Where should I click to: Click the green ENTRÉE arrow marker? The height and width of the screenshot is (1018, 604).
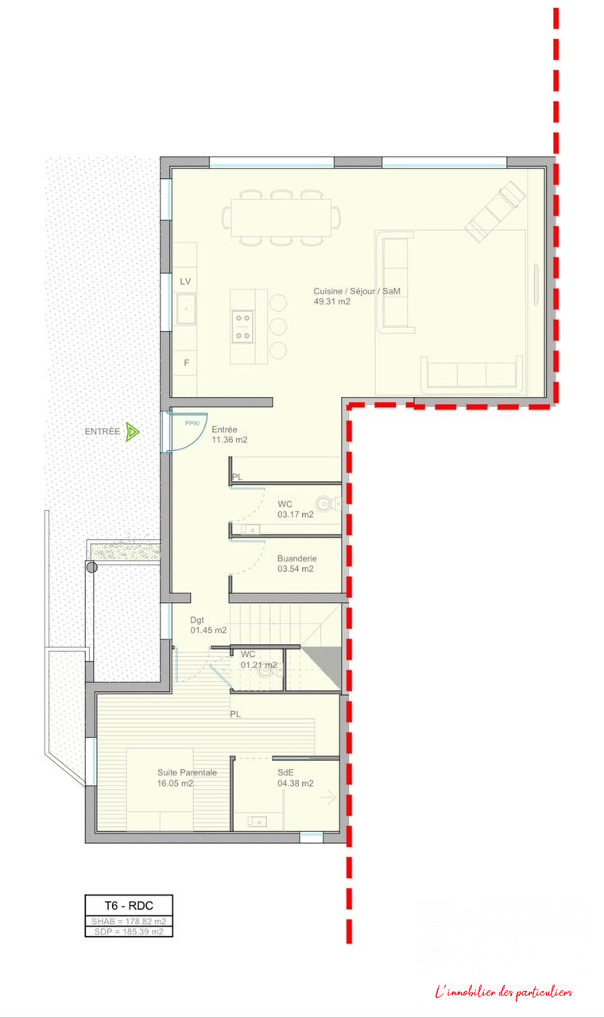(x=132, y=432)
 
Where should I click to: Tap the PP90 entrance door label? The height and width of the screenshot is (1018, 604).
(x=192, y=423)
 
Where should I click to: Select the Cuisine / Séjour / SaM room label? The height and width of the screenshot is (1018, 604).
(x=357, y=291)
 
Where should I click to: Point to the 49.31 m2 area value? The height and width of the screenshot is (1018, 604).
(x=332, y=301)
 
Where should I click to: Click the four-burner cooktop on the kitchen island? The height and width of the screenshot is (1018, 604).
(x=242, y=326)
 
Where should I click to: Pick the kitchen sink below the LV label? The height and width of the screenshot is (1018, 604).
(x=186, y=309)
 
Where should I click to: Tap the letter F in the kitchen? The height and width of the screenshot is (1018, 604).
(x=186, y=363)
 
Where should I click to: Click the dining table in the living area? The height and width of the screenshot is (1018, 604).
(x=281, y=217)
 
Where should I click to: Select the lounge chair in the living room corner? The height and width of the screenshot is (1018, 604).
(x=495, y=212)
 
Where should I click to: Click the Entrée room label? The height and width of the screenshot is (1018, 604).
(x=224, y=429)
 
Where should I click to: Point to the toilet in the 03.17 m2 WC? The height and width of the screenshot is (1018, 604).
(x=328, y=503)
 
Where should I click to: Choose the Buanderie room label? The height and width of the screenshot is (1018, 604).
(x=297, y=558)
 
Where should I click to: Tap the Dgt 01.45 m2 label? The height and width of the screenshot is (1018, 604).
(x=208, y=625)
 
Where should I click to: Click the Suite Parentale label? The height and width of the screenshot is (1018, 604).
(x=187, y=772)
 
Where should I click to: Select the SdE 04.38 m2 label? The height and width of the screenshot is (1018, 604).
(x=296, y=778)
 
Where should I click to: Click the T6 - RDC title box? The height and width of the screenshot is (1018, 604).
(x=129, y=906)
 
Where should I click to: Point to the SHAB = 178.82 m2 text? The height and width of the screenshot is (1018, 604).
(x=129, y=921)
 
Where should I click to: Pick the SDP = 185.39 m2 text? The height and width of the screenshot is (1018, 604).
(x=129, y=931)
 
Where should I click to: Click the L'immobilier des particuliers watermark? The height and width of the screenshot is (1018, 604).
(x=504, y=993)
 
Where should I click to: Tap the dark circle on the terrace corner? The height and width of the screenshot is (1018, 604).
(x=92, y=567)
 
